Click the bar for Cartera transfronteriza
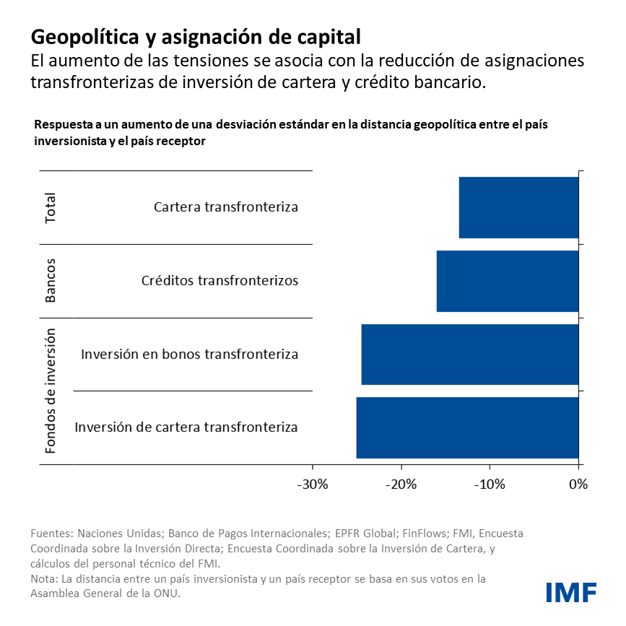tap(518, 207)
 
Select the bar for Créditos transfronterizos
tap(508, 281)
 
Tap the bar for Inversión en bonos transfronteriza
tap(470, 355)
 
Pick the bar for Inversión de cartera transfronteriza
tap(467, 427)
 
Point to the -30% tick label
tap(312, 484)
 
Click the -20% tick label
tap(401, 484)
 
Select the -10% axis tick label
tap(490, 484)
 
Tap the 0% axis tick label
tap(578, 484)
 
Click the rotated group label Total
tap(51, 208)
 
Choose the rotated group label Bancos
tap(51, 281)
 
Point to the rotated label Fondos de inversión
tap(51, 391)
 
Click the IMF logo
tap(570, 592)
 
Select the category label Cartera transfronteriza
tap(226, 207)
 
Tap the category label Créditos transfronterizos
tap(219, 281)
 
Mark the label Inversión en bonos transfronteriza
tap(189, 355)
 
